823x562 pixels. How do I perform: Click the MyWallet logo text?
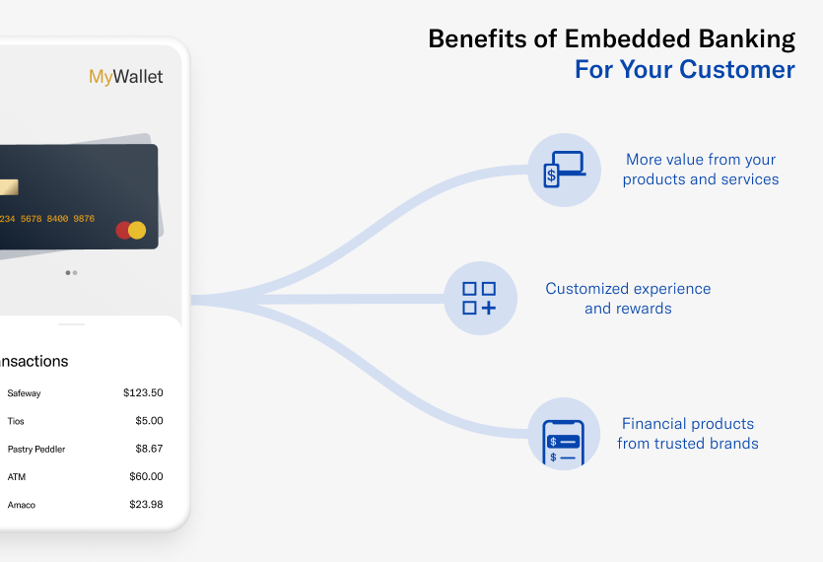[x=126, y=77]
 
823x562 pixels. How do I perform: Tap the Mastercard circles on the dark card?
[x=130, y=231]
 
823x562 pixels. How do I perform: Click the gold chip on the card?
[x=8, y=187]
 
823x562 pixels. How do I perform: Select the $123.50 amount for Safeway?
[x=143, y=392]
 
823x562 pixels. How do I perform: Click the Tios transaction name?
[x=16, y=421]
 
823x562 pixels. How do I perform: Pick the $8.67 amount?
[x=149, y=449]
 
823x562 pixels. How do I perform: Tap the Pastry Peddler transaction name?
[x=35, y=449]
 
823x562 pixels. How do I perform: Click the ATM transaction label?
[x=16, y=477]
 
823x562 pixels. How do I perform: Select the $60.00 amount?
[x=146, y=476]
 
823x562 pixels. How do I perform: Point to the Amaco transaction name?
[x=22, y=505]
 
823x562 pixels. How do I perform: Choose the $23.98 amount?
[x=146, y=505]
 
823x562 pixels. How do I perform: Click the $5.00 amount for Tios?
[x=149, y=421]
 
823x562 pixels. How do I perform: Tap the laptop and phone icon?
[x=564, y=170]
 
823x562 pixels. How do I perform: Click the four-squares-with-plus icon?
[x=480, y=298]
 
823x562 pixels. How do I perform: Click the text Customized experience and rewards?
[x=628, y=298]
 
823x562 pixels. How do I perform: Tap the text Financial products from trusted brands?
[x=688, y=433]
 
